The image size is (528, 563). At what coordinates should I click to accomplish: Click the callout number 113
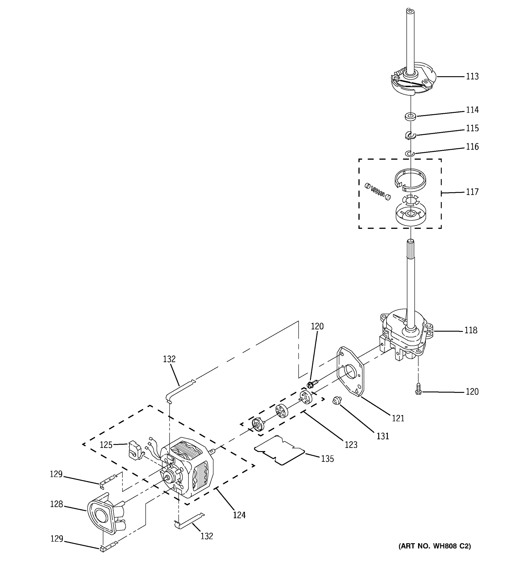[472, 76]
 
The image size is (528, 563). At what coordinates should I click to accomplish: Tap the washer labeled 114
[410, 116]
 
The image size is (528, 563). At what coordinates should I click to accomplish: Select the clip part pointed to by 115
[410, 136]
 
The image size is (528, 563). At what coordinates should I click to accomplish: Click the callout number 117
[472, 192]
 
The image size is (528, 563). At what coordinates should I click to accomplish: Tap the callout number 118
[471, 330]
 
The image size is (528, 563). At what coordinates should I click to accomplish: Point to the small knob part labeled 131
[337, 401]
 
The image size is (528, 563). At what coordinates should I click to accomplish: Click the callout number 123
[351, 445]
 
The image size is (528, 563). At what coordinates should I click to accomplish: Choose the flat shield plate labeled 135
[279, 450]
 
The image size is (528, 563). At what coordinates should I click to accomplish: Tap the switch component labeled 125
[135, 450]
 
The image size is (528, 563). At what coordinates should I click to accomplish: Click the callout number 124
[239, 515]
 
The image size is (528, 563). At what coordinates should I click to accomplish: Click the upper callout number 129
[56, 474]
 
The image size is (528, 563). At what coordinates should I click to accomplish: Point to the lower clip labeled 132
[188, 521]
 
